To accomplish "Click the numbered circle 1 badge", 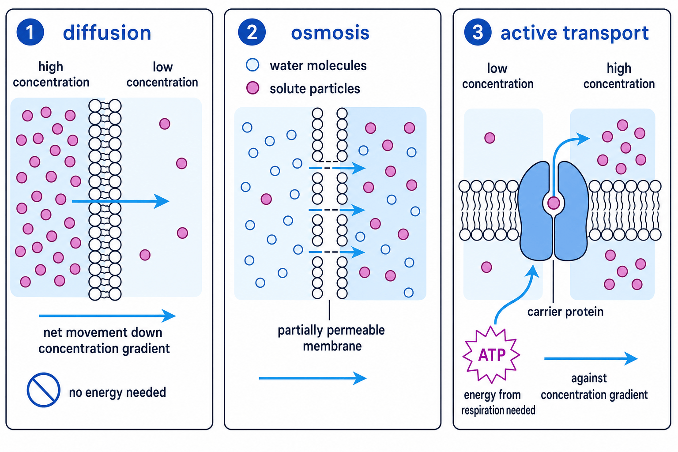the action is coord(30,32).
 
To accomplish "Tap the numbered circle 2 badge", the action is coord(252,32).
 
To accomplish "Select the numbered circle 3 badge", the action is coord(478,32).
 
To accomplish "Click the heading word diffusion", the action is coord(107,33).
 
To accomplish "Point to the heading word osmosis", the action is coord(330,33).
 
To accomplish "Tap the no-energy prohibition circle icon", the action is coord(43,390).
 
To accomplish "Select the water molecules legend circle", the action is coord(252,65).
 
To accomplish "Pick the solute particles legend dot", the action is coord(252,88).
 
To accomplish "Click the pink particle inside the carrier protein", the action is coord(553,203).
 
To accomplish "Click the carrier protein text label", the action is coord(565,312).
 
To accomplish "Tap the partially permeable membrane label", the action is coord(331,338).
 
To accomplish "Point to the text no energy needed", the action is coord(117,392).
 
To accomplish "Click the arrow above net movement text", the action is coord(107,316).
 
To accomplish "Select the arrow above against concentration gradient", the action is coord(591,358).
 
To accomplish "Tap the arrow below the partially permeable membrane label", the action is coord(313,378).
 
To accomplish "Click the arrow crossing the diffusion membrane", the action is coord(121,201).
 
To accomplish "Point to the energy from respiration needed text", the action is coord(498,403).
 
